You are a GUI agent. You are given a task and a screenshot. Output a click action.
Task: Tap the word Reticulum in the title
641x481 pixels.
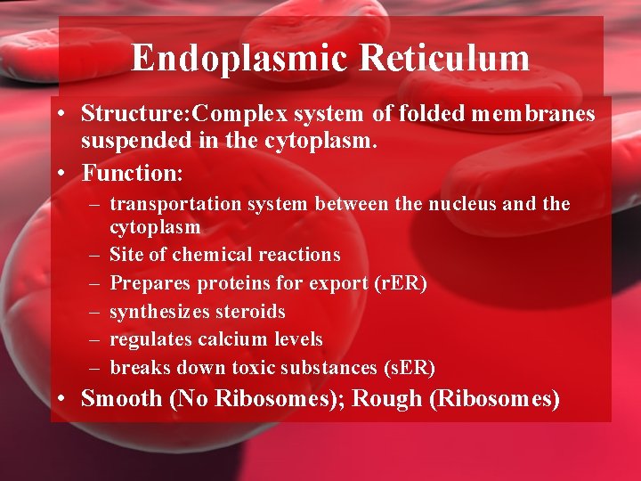[x=444, y=59]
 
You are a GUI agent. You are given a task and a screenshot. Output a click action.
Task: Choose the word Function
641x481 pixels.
[x=131, y=169]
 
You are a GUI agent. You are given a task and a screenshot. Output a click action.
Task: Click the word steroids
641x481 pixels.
[x=254, y=312]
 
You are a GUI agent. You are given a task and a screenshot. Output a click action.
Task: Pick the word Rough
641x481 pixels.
[x=388, y=398]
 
